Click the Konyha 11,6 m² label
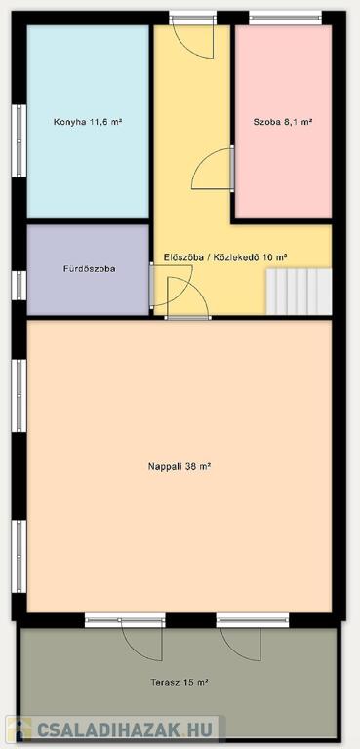click(88, 122)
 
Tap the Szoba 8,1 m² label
click(283, 122)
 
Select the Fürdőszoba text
click(89, 269)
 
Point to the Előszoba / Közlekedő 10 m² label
click(225, 257)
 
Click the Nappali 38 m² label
click(180, 466)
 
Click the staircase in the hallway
click(299, 292)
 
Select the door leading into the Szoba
click(213, 168)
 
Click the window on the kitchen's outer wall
click(19, 140)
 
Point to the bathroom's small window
click(19, 285)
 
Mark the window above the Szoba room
click(286, 19)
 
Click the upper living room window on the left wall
click(19, 396)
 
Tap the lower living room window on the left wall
click(19, 557)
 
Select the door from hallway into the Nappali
click(188, 298)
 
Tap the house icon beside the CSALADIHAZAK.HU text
click(20, 729)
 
